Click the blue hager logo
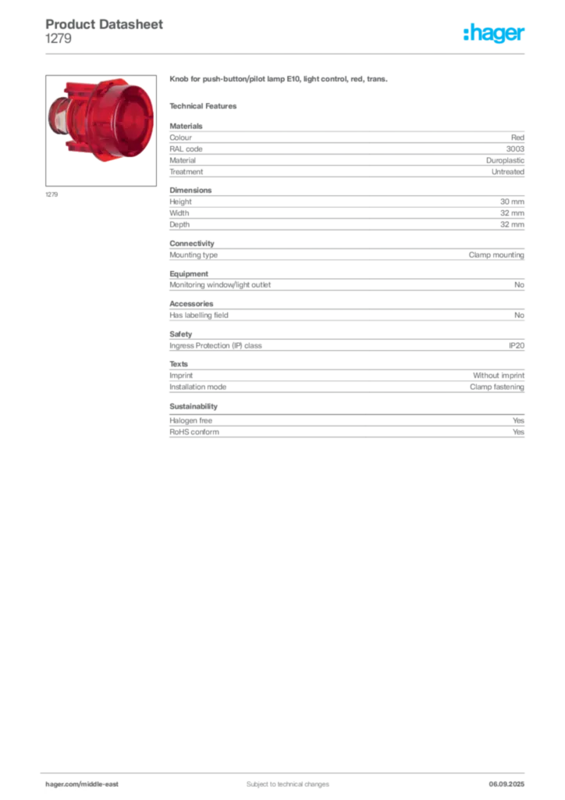(495, 34)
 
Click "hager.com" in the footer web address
(62, 784)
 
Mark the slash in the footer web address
(81, 784)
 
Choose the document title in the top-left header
(106, 24)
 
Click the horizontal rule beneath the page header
(287, 53)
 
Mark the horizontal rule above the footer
(287, 770)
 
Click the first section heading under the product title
(206, 105)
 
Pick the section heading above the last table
(193, 406)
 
